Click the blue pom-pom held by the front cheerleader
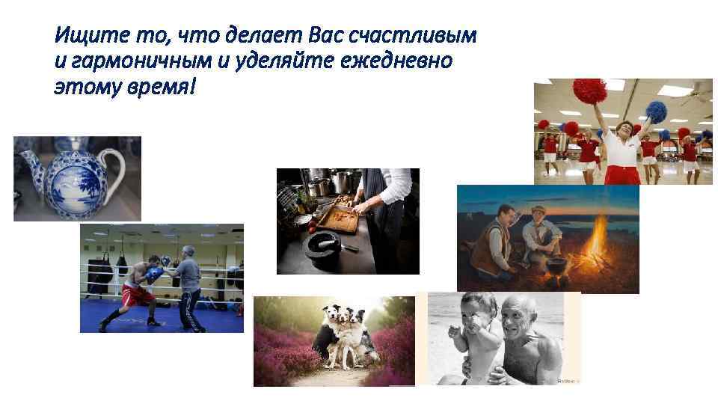click(656, 111)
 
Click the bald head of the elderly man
click(523, 307)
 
